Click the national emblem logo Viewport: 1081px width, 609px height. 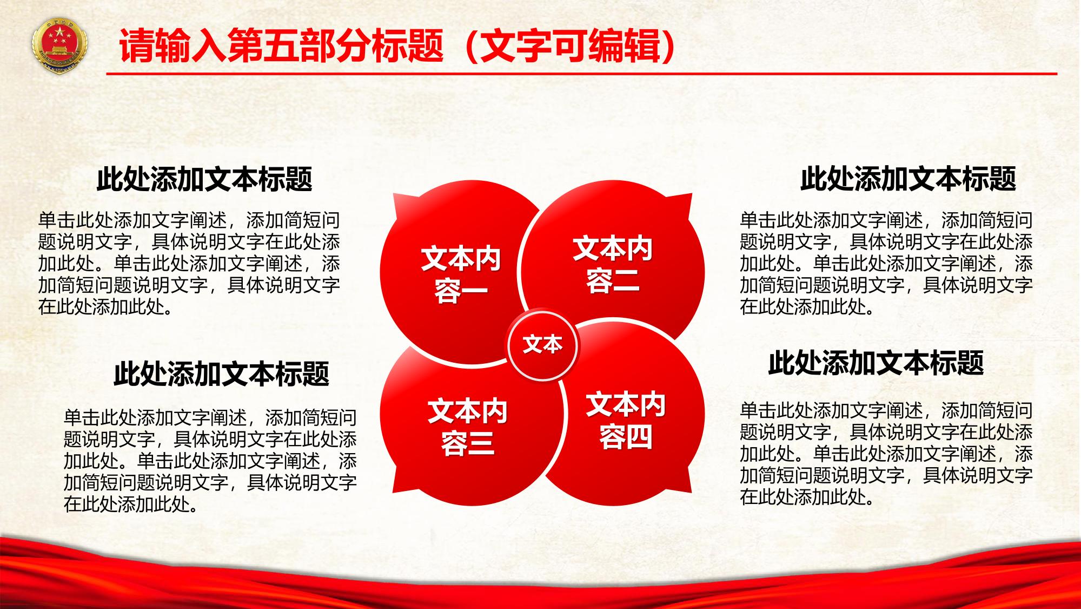click(x=60, y=45)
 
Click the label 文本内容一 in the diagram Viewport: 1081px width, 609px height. click(x=461, y=275)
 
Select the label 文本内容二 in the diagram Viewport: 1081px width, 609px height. click(x=613, y=265)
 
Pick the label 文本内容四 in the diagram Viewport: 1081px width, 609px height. click(x=626, y=421)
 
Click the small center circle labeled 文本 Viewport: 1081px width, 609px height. click(x=542, y=345)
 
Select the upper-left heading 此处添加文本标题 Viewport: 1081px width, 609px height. click(x=204, y=179)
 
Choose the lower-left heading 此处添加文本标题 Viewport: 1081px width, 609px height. click(x=221, y=373)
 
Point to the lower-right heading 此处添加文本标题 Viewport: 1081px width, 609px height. click(x=876, y=362)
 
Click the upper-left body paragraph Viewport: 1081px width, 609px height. click(x=189, y=264)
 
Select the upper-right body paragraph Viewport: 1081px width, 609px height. click(x=886, y=264)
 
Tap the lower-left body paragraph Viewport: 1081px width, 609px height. click(x=210, y=461)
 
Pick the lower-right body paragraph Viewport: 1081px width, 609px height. click(x=886, y=454)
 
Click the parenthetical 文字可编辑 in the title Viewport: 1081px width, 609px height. click(x=571, y=47)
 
